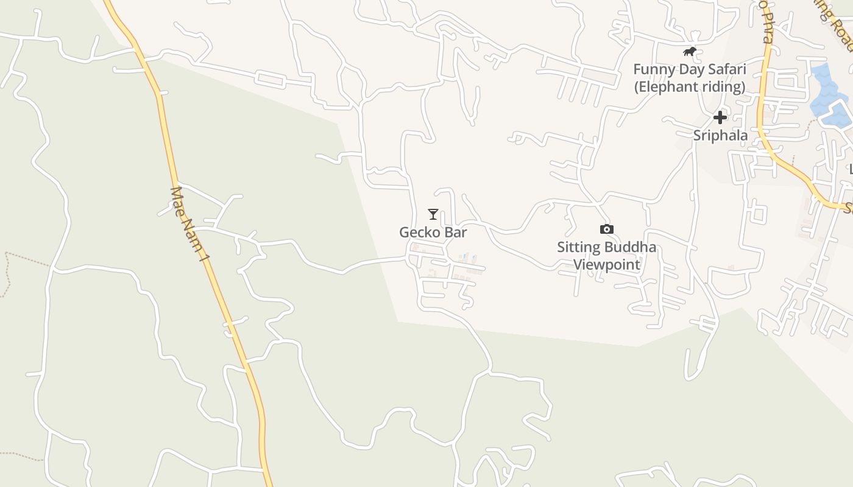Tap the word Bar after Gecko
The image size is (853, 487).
click(455, 233)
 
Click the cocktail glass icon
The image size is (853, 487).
click(433, 214)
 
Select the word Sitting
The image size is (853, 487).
click(578, 247)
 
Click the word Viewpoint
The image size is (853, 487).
click(606, 265)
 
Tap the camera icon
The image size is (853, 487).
click(606, 229)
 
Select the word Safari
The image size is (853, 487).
click(727, 69)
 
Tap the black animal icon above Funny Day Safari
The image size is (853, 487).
click(689, 52)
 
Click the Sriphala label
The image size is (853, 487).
click(720, 135)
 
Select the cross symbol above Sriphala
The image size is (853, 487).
click(720, 117)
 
